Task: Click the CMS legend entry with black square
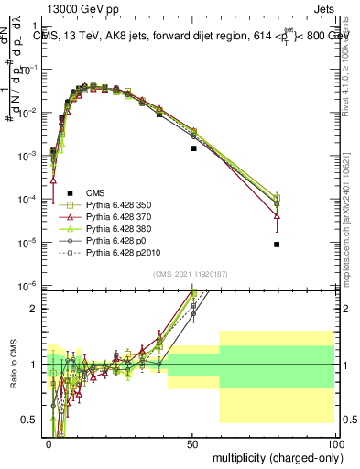[96, 192]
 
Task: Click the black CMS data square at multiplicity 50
[193, 147]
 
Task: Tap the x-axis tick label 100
[333, 442]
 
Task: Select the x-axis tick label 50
[191, 442]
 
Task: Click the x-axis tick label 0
[48, 442]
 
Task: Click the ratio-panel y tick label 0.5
[29, 420]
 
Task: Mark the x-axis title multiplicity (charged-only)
[272, 456]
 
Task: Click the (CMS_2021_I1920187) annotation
[191, 274]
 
